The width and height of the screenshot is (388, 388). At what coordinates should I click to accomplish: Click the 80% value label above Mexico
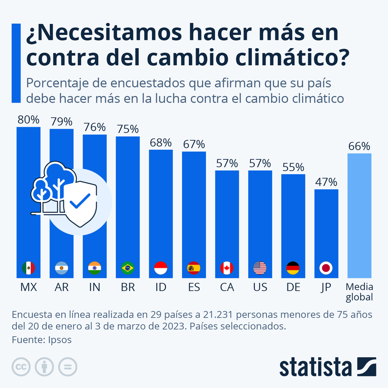(29, 120)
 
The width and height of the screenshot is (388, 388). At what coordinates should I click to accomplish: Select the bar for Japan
(326, 227)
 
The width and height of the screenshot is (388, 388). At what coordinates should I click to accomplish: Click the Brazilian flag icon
(128, 268)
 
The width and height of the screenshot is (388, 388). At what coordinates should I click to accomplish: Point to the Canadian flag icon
(227, 268)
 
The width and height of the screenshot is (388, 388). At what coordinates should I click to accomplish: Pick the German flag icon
(293, 268)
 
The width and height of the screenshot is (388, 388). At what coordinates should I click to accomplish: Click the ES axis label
(194, 288)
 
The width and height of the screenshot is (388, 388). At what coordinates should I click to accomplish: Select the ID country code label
(161, 288)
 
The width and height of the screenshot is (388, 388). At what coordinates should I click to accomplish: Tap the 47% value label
(326, 182)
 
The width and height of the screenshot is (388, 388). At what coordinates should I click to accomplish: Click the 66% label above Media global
(359, 146)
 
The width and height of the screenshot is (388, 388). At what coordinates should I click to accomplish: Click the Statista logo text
(315, 367)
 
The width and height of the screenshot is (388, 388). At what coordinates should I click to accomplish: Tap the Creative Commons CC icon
(21, 367)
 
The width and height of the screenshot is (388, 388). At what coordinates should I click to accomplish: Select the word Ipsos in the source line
(60, 339)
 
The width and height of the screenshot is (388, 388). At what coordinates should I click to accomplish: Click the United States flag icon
(260, 268)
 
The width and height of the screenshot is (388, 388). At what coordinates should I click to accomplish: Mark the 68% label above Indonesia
(161, 142)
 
